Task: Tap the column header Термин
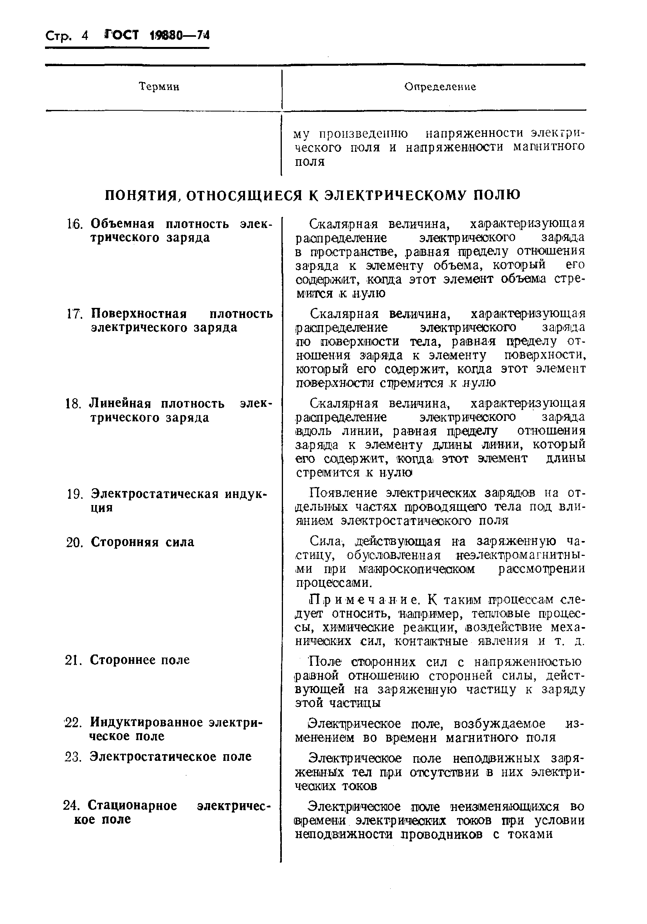(x=159, y=86)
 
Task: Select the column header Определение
(x=440, y=87)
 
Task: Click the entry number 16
(x=74, y=224)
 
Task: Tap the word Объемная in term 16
(x=123, y=224)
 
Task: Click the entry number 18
(x=74, y=404)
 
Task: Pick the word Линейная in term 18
(x=121, y=403)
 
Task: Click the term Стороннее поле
(x=140, y=660)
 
